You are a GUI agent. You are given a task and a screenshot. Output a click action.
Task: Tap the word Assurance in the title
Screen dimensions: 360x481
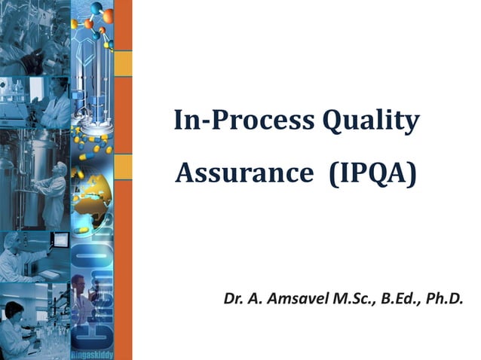(x=241, y=174)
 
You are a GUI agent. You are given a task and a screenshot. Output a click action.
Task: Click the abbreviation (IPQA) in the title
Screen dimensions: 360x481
(x=372, y=174)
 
